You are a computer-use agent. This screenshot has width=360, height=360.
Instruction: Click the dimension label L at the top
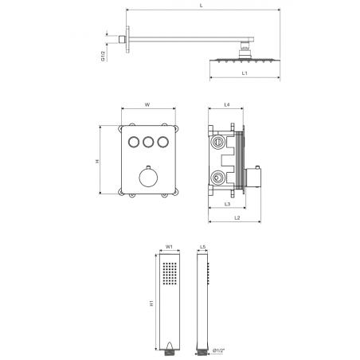[x=202, y=6]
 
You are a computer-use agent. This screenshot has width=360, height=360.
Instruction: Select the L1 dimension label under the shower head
[x=245, y=73]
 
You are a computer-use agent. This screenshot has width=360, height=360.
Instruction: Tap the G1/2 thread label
[x=103, y=56]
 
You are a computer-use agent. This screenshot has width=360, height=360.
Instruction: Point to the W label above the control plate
[x=147, y=104]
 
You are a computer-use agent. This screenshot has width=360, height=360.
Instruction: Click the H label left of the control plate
[x=97, y=161]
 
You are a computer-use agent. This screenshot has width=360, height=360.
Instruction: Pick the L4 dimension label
[x=227, y=104]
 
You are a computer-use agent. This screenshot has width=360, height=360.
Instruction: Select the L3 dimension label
[x=227, y=204]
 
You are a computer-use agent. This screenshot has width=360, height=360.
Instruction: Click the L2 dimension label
[x=237, y=217]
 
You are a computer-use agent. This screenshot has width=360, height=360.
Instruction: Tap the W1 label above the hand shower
[x=169, y=247]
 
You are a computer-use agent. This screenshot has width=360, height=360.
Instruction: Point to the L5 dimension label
[x=202, y=247]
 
